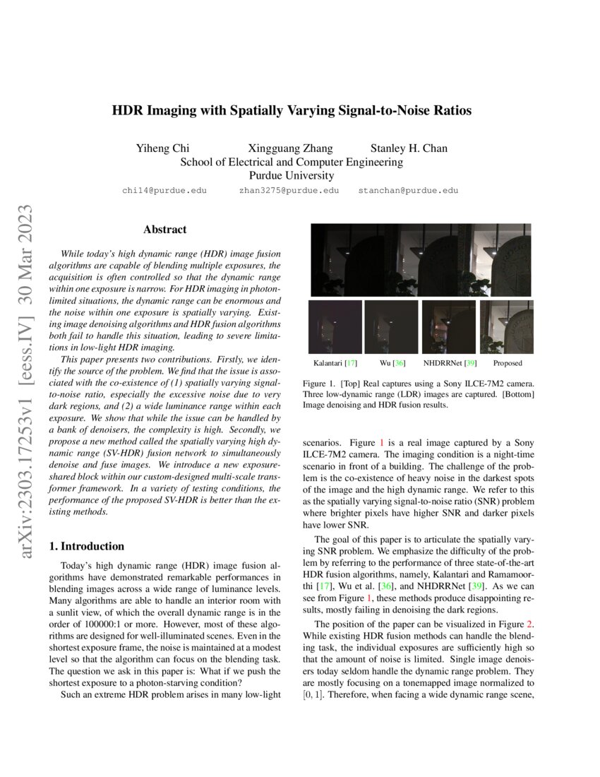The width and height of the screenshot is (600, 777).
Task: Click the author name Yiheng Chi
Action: [163, 148]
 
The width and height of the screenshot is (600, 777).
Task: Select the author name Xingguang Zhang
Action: [290, 148]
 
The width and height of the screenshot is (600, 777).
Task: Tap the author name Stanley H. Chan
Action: [409, 148]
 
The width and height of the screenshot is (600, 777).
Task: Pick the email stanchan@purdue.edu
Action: [408, 191]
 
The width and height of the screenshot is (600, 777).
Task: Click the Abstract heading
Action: [164, 230]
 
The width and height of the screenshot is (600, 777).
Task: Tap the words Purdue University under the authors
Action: [292, 176]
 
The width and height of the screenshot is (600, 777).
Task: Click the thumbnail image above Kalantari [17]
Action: [335, 327]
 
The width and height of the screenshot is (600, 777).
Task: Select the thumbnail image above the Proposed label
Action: [506, 327]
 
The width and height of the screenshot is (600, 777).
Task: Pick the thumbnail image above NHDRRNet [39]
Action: [448, 327]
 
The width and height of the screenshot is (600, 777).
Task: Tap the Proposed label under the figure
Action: [507, 363]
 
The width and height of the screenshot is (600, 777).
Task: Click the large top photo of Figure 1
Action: [421, 260]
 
